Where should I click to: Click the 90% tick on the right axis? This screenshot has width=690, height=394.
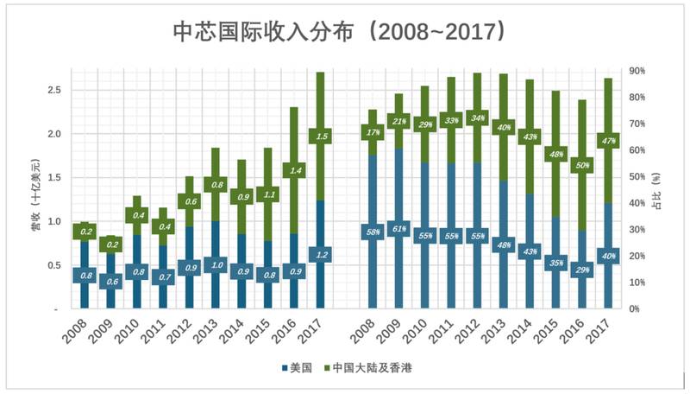[638, 71]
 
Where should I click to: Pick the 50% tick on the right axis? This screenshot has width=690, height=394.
[638, 176]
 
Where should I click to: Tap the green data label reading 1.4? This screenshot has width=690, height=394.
[294, 171]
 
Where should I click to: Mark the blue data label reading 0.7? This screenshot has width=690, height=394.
[161, 276]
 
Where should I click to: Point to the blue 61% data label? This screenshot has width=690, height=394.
[398, 230]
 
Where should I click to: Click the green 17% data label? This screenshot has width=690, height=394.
[373, 132]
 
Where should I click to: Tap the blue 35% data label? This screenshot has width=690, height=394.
[558, 263]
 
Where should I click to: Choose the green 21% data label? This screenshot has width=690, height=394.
[398, 121]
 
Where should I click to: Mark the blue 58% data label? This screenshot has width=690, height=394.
[373, 232]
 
